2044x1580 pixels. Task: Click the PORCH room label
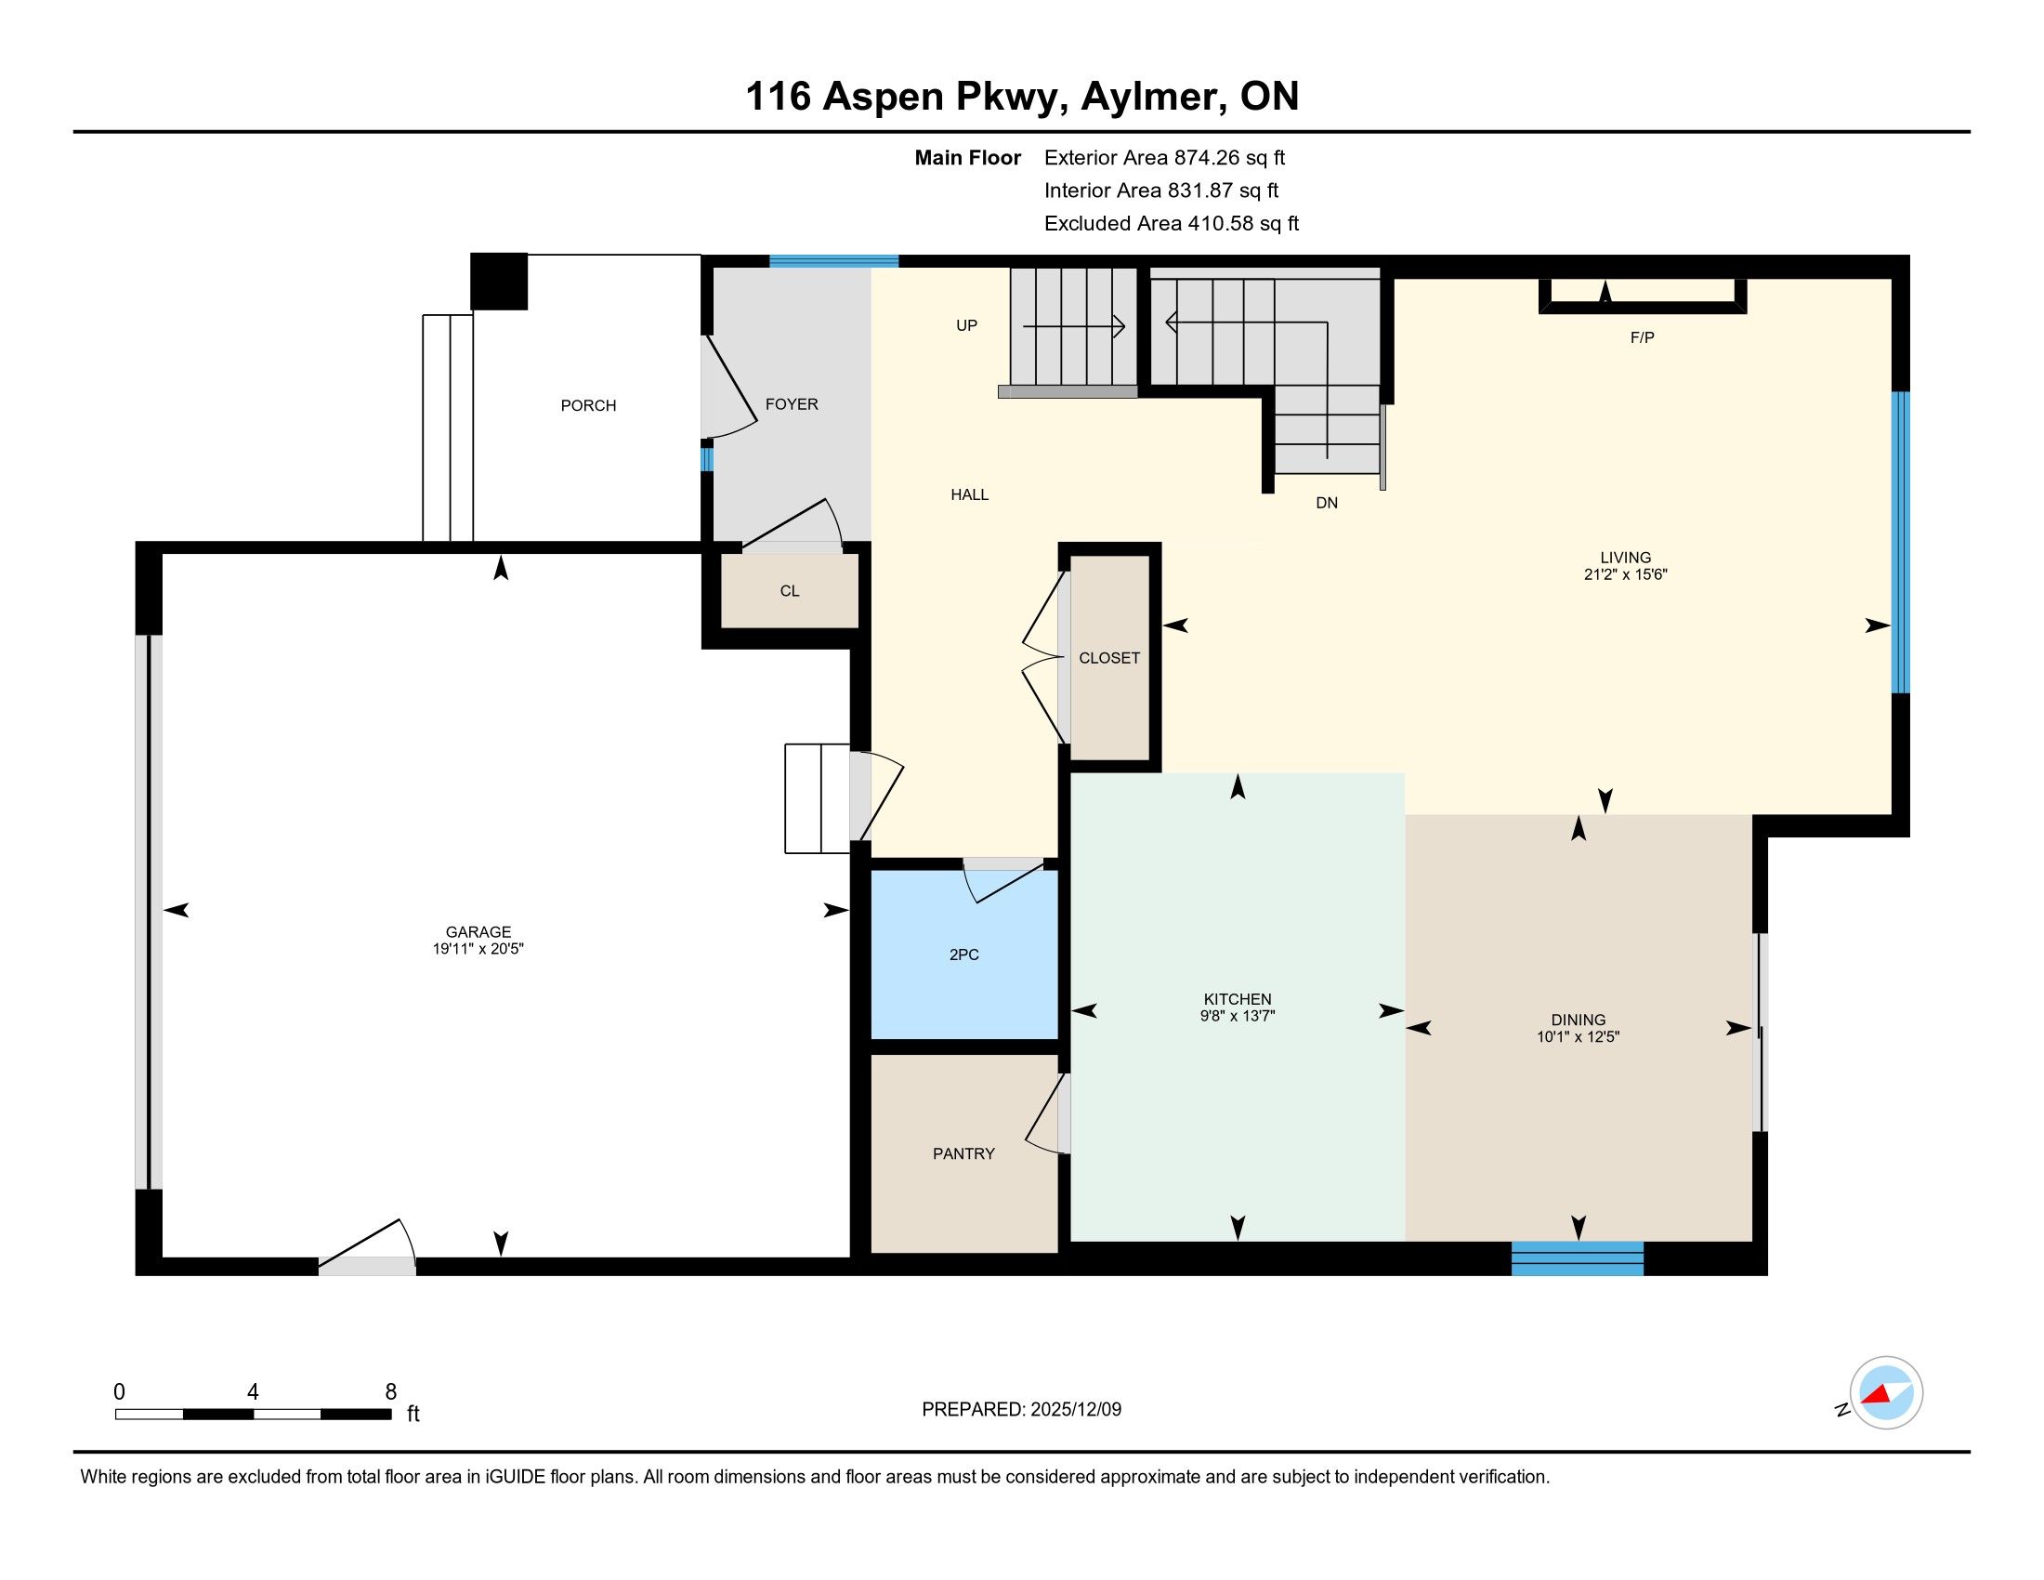pyautogui.click(x=588, y=405)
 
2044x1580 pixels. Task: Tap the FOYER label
pyautogui.click(x=792, y=404)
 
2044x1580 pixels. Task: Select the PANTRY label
pyautogui.click(x=963, y=1154)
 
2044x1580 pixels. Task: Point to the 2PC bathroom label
pyautogui.click(x=964, y=955)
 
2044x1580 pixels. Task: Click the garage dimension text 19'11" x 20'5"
pyautogui.click(x=478, y=949)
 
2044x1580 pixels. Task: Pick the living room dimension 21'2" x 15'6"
pyautogui.click(x=1626, y=574)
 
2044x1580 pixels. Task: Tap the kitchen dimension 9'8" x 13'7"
pyautogui.click(x=1238, y=1016)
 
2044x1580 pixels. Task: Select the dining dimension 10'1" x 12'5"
pyautogui.click(x=1578, y=1036)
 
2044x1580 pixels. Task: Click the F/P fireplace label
pyautogui.click(x=1643, y=338)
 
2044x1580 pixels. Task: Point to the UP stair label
pyautogui.click(x=967, y=325)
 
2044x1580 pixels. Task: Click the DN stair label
pyautogui.click(x=1327, y=503)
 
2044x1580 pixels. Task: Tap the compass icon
pyautogui.click(x=1886, y=1393)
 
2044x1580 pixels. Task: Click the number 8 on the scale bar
pyautogui.click(x=391, y=1392)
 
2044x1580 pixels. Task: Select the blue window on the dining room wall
pyautogui.click(x=1577, y=1258)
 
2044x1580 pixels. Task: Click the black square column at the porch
pyautogui.click(x=499, y=281)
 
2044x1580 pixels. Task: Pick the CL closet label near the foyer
pyautogui.click(x=790, y=590)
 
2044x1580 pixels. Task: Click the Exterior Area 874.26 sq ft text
pyautogui.click(x=1165, y=158)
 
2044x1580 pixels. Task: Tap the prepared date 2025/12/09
pyautogui.click(x=1075, y=1410)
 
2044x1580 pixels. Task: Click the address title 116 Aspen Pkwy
pyautogui.click(x=907, y=98)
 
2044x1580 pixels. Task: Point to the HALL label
pyautogui.click(x=970, y=494)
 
